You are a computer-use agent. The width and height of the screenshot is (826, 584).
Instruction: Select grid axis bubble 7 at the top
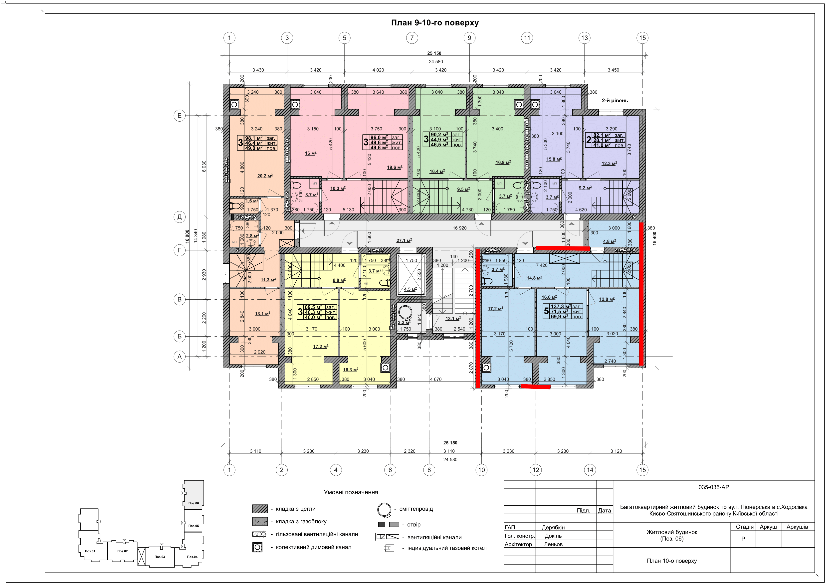point(412,38)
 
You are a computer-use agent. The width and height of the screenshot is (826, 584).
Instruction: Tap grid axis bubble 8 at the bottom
point(429,470)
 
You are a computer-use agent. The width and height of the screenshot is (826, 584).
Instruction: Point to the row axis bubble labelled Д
point(180,217)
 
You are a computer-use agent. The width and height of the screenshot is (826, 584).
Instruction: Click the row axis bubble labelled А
point(180,357)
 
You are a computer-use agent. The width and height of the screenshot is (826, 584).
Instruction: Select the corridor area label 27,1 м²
point(404,240)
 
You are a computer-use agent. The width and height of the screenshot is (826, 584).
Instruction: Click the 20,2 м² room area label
point(265,176)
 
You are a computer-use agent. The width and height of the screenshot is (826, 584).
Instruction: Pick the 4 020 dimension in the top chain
point(378,70)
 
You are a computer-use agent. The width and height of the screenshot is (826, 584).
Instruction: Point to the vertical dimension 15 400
point(654,238)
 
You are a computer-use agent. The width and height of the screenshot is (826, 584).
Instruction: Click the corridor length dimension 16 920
point(460,228)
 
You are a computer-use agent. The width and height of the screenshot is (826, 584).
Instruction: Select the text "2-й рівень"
point(615,101)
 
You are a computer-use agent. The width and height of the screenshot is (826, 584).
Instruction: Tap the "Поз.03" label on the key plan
point(160,557)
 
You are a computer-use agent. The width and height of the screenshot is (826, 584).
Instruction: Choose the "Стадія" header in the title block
point(744,527)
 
